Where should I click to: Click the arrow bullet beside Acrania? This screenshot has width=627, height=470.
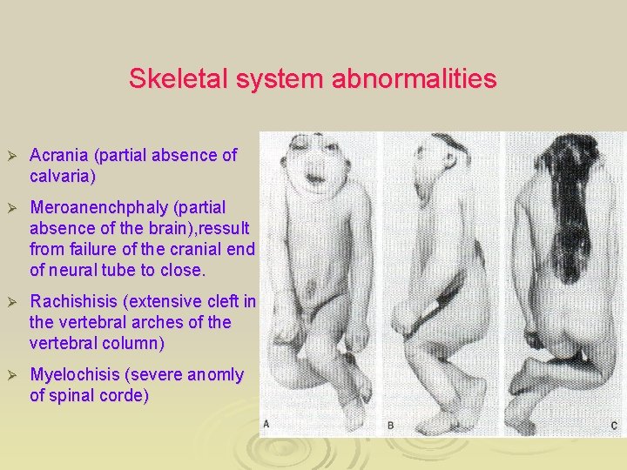(x=12, y=156)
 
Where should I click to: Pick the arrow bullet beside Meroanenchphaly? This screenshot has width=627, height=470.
(x=12, y=208)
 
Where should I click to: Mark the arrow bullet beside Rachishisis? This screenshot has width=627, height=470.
(x=12, y=302)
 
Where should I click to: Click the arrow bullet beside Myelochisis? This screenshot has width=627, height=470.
(x=12, y=375)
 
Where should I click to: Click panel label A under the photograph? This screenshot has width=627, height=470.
(x=266, y=424)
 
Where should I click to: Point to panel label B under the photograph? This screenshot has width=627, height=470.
(x=391, y=425)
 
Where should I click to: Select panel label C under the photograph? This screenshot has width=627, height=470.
(x=614, y=425)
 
